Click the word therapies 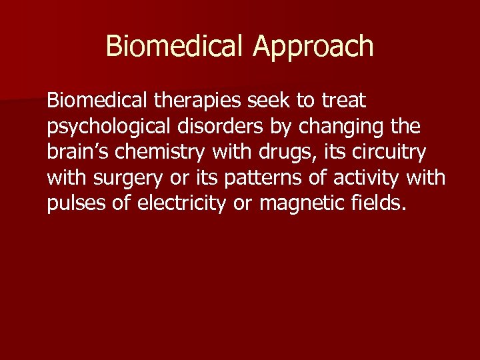pyautogui.click(x=199, y=102)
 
